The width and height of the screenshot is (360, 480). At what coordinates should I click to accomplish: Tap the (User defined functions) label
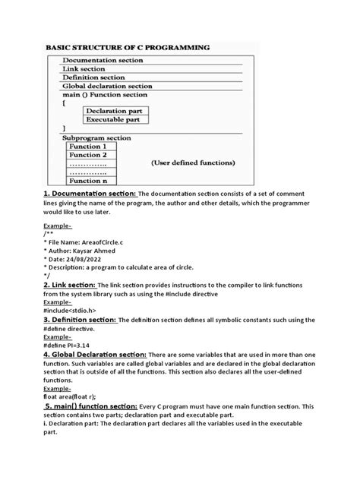pos(193,163)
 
